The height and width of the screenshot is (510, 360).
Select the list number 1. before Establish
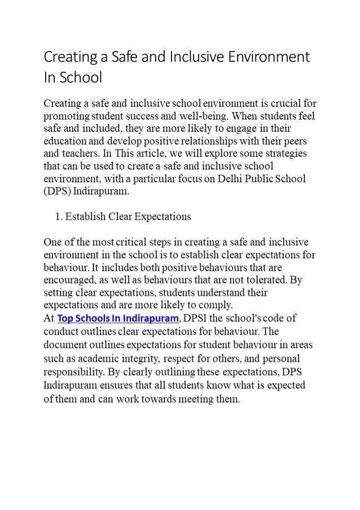click(x=59, y=217)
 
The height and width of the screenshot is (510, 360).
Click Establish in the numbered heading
click(x=85, y=217)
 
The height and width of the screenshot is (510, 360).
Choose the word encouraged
click(x=70, y=280)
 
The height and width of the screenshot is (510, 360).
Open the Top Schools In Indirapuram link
click(x=118, y=319)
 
